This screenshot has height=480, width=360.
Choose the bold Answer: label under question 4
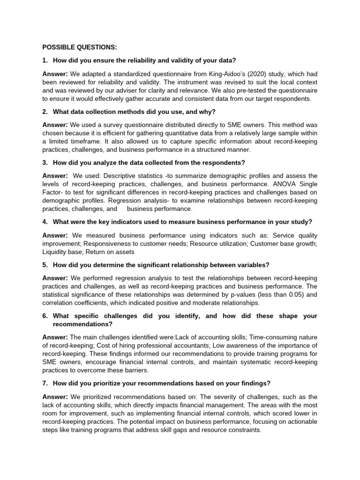[55, 235]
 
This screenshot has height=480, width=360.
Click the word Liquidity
[56, 252]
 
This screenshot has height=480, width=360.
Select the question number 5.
[45, 264]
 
